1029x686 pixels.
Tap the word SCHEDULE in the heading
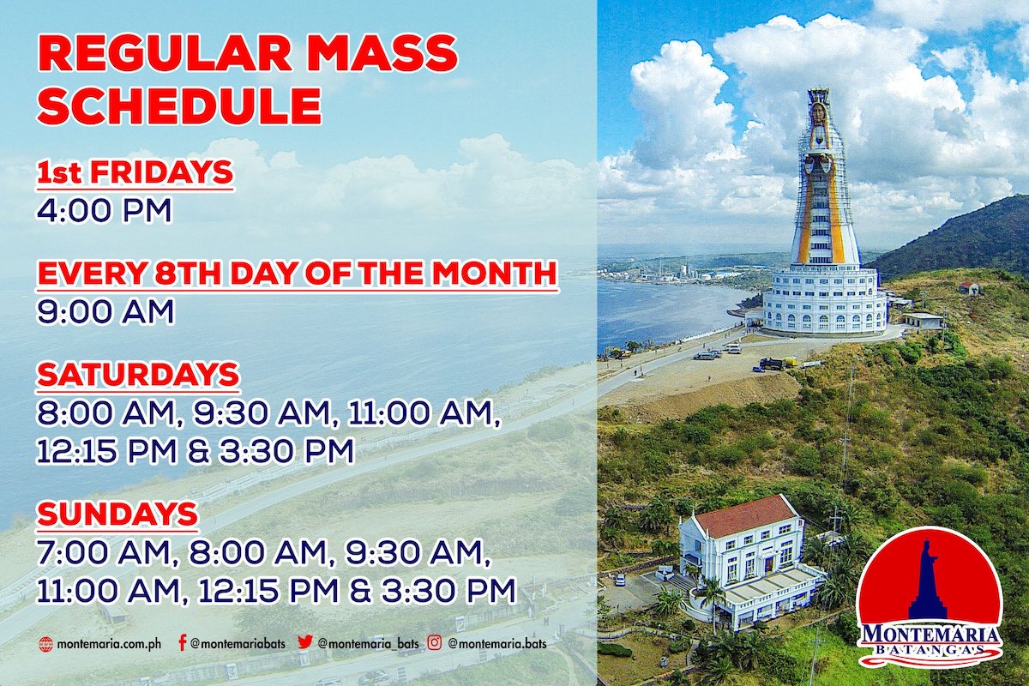click(x=179, y=105)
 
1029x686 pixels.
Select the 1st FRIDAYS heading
click(x=135, y=172)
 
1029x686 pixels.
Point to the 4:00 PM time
click(x=104, y=210)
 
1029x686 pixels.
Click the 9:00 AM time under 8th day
click(x=105, y=311)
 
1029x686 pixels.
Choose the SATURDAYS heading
click(x=138, y=375)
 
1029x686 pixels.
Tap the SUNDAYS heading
click(x=117, y=514)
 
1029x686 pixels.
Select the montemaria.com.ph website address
click(x=109, y=643)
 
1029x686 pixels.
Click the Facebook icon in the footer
click(x=183, y=643)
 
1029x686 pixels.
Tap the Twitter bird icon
click(x=304, y=642)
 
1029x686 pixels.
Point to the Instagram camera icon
click(x=435, y=642)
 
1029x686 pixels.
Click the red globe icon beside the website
click(x=45, y=644)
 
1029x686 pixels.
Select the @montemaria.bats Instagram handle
click(x=497, y=644)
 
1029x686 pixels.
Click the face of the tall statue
click(x=819, y=113)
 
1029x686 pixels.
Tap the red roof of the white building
click(x=747, y=516)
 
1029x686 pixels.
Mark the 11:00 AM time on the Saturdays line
click(x=423, y=414)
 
